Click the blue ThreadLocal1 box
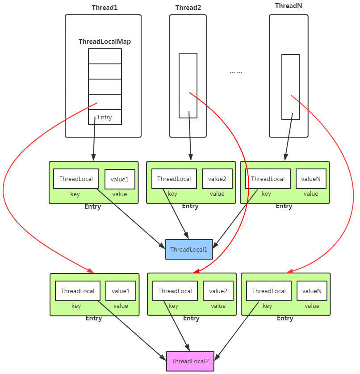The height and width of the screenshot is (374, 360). click(x=189, y=249)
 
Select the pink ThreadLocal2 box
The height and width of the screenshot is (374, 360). click(x=190, y=361)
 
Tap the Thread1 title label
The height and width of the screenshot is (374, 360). click(x=105, y=8)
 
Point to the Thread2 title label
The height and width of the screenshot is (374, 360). click(x=188, y=8)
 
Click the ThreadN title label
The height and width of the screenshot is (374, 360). click(x=289, y=6)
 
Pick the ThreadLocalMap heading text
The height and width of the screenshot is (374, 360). click(x=105, y=41)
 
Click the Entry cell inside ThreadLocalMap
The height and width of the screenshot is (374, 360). click(x=105, y=117)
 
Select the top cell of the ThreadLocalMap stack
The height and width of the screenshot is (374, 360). click(x=105, y=56)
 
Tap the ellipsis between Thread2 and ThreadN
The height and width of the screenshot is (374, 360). click(x=236, y=71)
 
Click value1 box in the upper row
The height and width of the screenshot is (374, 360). click(x=120, y=179)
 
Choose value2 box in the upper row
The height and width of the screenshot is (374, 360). click(x=217, y=179)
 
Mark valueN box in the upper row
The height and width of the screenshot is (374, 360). click(x=311, y=179)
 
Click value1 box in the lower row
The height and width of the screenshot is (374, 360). click(x=121, y=291)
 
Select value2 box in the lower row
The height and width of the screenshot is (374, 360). click(x=218, y=291)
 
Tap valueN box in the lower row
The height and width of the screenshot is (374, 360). click(x=312, y=291)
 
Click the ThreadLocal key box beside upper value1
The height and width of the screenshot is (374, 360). click(x=76, y=179)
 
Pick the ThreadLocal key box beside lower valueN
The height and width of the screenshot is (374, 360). click(x=269, y=291)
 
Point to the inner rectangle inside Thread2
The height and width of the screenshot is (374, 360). click(x=188, y=85)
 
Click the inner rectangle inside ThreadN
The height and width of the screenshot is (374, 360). click(x=290, y=87)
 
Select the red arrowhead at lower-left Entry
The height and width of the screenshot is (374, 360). click(x=91, y=271)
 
